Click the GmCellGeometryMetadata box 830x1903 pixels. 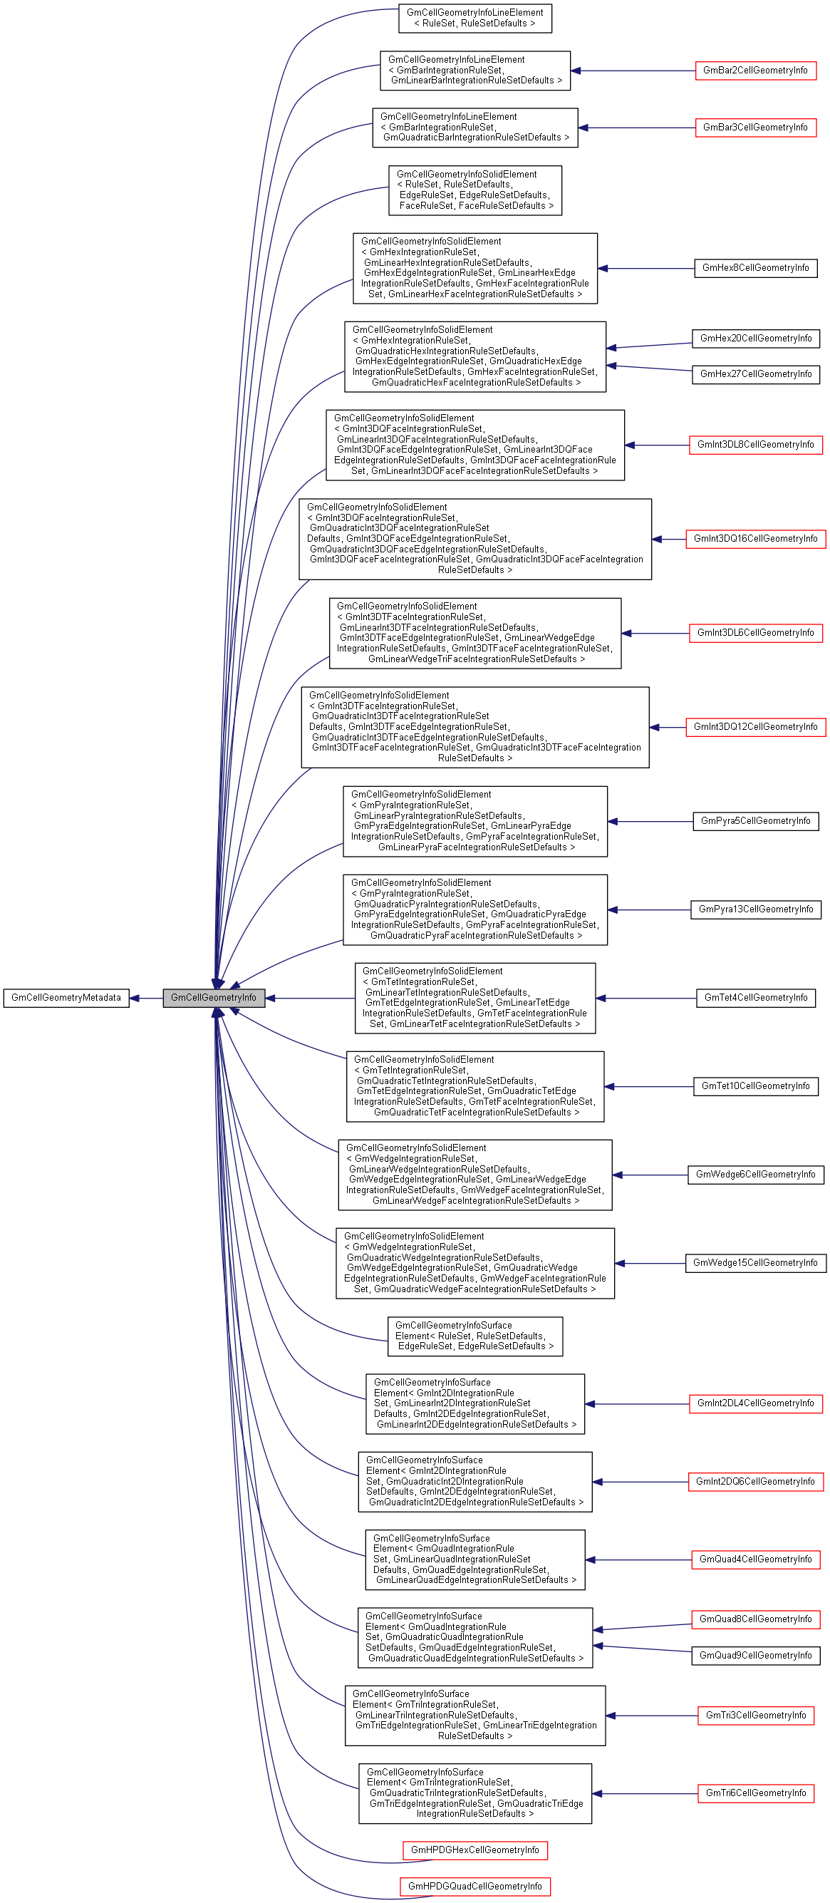pos(66,998)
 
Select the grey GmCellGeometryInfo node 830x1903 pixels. pos(214,998)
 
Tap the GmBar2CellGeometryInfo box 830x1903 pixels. pos(754,71)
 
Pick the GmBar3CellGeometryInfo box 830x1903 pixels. pos(754,128)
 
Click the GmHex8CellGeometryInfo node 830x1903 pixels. pos(754,268)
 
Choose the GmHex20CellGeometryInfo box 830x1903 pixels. pos(754,339)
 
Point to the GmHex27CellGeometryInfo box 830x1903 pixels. pos(754,375)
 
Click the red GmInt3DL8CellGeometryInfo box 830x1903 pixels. pos(754,445)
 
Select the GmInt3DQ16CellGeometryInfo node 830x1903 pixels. pos(754,540)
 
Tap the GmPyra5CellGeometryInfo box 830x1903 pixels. pos(754,822)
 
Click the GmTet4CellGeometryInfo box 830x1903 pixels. pos(754,998)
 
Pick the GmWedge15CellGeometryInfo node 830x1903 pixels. pos(754,1263)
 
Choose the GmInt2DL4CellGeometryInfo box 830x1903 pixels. pos(754,1403)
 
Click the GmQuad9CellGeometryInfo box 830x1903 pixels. pos(754,1656)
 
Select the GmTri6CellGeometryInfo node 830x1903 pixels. pos(754,1794)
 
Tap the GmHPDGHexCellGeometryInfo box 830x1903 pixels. pos(474,1850)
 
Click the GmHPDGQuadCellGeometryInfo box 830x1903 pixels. pos(474,1887)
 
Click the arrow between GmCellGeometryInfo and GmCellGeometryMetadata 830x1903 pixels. pos(146,999)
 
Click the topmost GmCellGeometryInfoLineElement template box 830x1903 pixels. pos(474,19)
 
